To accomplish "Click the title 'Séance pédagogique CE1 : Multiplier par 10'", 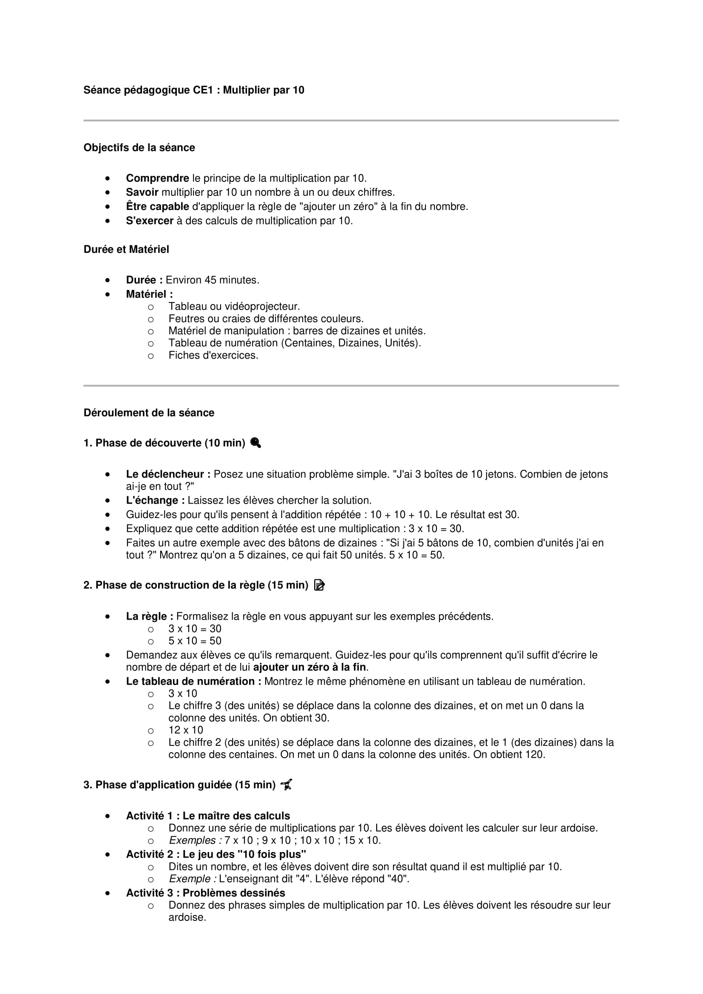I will pos(193,90).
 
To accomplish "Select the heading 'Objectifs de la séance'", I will pos(139,147).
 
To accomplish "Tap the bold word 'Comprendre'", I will pos(157,178).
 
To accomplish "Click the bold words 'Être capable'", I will pos(157,207).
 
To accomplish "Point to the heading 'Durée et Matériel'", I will pos(126,249).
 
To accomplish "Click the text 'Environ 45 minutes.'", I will pos(212,280).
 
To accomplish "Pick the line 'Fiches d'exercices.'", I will pos(213,355).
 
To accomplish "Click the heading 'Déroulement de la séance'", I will pos(148,413).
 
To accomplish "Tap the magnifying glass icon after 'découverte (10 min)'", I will pos(255,443).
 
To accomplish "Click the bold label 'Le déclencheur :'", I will pos(168,475).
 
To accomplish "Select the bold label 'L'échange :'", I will pos(155,501).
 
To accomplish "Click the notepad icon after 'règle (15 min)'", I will pos(319,585).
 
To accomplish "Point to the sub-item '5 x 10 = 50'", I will pos(195,641).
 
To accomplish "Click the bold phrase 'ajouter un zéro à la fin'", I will pos(309,667).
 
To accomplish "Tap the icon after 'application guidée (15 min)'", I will pos(286,784).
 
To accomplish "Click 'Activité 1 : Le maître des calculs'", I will pos(208,816).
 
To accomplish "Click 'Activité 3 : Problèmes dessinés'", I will pos(205,893).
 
